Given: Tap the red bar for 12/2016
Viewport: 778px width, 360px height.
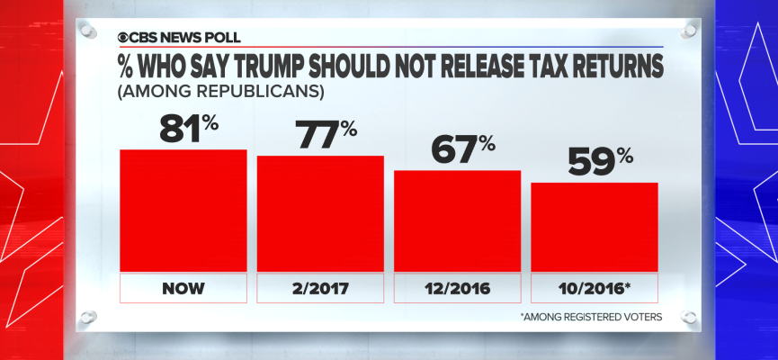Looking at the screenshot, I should pyautogui.click(x=458, y=220).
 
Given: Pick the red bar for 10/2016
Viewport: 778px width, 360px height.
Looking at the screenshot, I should pyautogui.click(x=595, y=226).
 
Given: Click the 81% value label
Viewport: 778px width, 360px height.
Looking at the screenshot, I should pyautogui.click(x=189, y=128).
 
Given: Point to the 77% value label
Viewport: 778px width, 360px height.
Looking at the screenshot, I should pyautogui.click(x=326, y=134).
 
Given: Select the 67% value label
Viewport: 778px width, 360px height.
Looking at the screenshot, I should pyautogui.click(x=462, y=149).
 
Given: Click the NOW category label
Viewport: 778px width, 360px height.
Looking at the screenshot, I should pyautogui.click(x=183, y=289).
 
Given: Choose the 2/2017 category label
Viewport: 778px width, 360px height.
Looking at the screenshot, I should pyautogui.click(x=320, y=289).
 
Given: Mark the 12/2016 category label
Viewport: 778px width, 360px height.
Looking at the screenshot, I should pyautogui.click(x=458, y=289).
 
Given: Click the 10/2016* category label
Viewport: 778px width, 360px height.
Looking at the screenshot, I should pyautogui.click(x=595, y=289).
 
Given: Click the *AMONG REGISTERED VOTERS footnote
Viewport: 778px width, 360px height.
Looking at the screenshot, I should pyautogui.click(x=589, y=317).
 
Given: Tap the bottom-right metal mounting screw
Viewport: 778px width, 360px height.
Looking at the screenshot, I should pyautogui.click(x=688, y=317).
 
